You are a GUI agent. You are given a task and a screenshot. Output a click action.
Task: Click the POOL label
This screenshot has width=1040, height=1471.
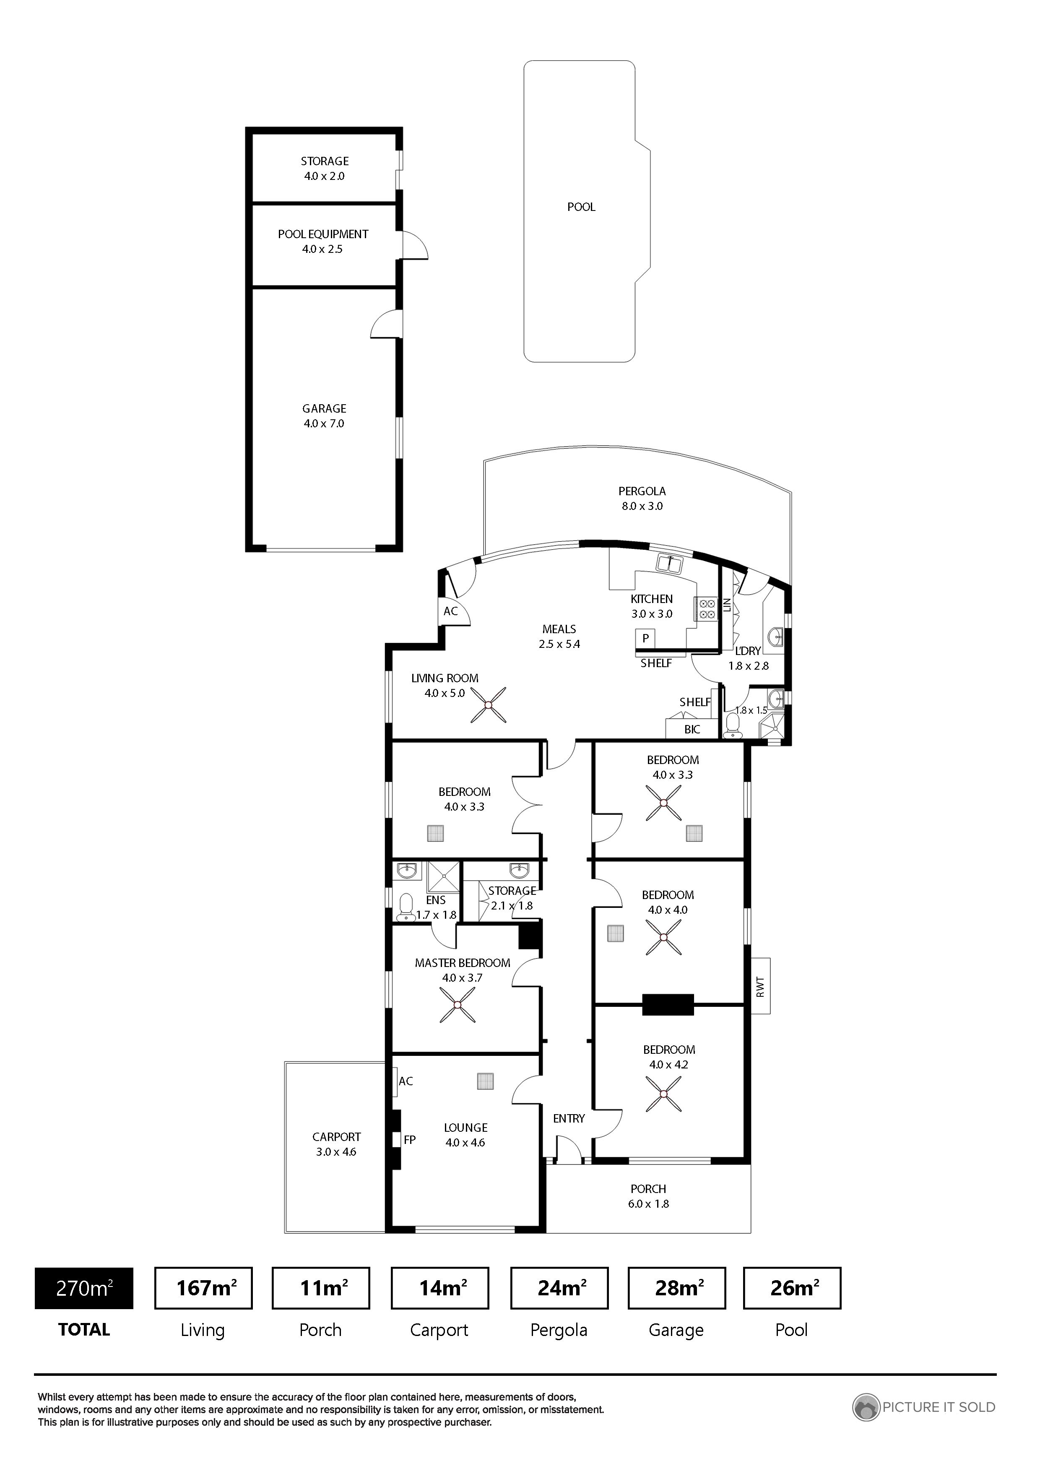pos(581,207)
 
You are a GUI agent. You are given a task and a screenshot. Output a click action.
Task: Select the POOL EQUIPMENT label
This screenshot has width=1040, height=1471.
pos(323,234)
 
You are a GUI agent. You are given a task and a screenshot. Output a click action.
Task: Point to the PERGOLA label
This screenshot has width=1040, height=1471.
pos(642,491)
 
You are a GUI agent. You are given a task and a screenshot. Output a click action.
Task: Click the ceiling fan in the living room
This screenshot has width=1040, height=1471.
pos(488,705)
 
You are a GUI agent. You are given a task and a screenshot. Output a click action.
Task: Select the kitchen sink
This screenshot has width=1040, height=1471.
pos(670,564)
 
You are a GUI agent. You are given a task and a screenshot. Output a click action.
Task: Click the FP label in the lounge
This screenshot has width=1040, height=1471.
pos(409,1140)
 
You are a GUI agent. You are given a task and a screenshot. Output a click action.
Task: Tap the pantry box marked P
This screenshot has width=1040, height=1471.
pos(645,638)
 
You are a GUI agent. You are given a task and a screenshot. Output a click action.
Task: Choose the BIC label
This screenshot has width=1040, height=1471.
pos(692,729)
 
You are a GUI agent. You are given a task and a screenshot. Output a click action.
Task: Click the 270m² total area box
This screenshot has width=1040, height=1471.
pos(84,1289)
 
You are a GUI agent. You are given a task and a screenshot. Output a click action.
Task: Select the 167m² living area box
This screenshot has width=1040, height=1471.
pos(204,1289)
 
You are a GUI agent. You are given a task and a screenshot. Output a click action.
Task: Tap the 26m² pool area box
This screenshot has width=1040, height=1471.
pos(792,1289)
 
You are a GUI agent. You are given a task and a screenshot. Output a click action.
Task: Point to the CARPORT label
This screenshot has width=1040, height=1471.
pos(336,1137)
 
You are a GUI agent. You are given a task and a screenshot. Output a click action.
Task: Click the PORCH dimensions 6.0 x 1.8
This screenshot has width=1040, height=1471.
pos(648,1204)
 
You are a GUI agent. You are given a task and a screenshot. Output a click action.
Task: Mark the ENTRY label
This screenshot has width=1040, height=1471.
pos(569,1119)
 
